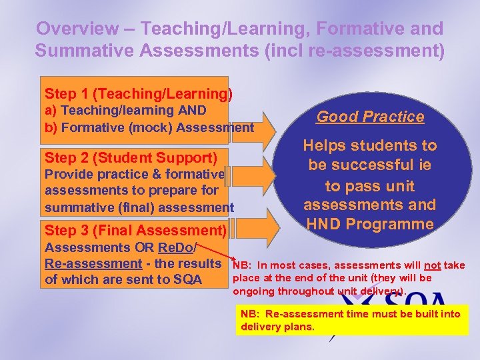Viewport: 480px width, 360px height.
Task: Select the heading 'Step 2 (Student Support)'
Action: point(131,158)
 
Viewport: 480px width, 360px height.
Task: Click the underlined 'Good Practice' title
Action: point(370,117)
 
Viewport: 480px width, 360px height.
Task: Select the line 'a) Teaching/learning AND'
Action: point(125,111)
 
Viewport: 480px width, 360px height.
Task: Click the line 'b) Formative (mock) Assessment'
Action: point(149,127)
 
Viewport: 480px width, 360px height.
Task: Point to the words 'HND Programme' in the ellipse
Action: point(369,224)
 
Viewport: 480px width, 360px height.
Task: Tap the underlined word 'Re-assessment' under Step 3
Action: point(87,263)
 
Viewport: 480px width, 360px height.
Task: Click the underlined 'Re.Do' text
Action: point(175,248)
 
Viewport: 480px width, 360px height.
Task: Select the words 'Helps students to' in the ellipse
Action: point(370,145)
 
